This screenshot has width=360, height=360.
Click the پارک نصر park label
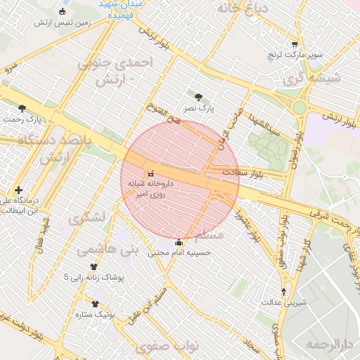[199, 109]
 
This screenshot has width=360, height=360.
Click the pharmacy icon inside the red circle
[150, 173]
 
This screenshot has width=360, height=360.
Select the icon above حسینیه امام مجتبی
[179, 241]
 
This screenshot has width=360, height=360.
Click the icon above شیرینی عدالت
[284, 291]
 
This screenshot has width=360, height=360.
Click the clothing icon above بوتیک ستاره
[95, 304]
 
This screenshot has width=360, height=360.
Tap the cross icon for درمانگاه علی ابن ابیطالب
[18, 190]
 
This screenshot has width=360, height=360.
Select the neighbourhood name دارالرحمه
[328, 344]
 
